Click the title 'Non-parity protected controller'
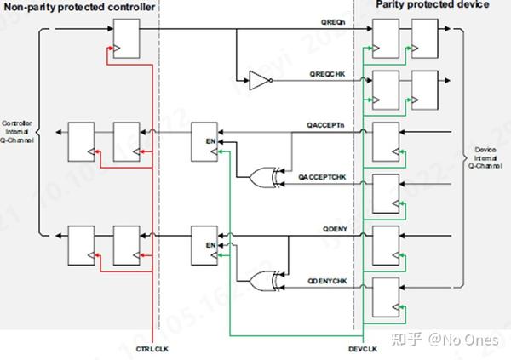click(80, 7)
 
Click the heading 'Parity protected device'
click(433, 5)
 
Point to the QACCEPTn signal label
click(325, 125)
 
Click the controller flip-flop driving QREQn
click(123, 39)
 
